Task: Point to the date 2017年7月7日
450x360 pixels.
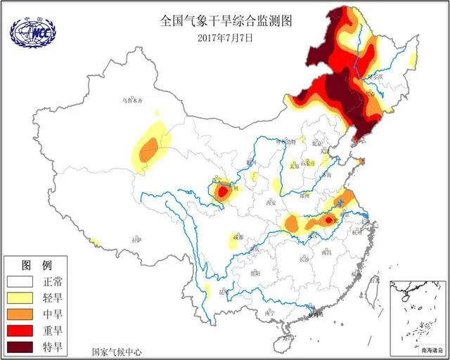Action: coord(225,37)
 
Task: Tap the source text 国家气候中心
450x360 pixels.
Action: coord(116,350)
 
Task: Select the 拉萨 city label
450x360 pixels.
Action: coord(136,240)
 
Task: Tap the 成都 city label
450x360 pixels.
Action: coord(241,236)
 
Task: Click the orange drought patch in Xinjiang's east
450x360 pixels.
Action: coord(148,150)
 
